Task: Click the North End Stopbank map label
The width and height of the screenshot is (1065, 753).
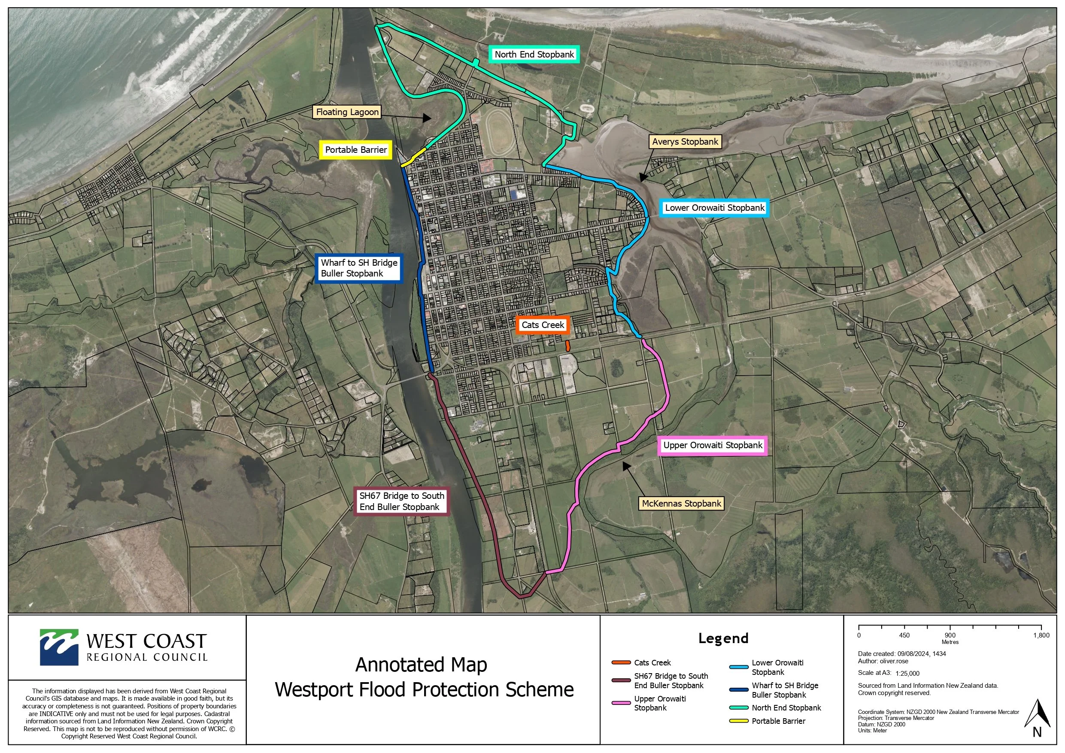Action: (x=534, y=54)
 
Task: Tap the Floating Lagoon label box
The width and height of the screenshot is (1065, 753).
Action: (x=347, y=112)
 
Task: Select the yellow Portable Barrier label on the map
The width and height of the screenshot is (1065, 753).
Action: (x=356, y=150)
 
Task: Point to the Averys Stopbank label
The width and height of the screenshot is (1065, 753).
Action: (x=685, y=142)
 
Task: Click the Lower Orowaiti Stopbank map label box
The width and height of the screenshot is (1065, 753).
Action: (x=714, y=207)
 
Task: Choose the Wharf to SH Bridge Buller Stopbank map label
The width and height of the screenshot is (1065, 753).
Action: (x=358, y=268)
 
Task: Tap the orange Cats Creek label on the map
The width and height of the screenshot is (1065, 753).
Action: (x=542, y=325)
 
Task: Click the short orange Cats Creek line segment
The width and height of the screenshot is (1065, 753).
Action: (x=567, y=346)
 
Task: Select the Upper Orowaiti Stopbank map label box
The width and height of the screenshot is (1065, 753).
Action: (x=713, y=445)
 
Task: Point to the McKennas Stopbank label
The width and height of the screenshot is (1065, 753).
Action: (x=681, y=504)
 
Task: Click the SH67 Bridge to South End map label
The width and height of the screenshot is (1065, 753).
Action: (x=401, y=501)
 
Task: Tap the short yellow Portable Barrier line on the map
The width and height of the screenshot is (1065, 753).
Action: (x=413, y=157)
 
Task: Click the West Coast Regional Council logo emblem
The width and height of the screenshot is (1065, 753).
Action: (x=59, y=647)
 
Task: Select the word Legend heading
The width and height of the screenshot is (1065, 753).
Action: (x=723, y=638)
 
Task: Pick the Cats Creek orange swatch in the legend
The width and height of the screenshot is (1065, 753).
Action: (x=621, y=662)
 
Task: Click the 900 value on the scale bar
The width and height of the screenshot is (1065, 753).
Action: (x=950, y=635)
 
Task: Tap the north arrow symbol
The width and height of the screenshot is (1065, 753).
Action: (x=1037, y=717)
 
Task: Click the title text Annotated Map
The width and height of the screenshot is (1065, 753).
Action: (x=421, y=665)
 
